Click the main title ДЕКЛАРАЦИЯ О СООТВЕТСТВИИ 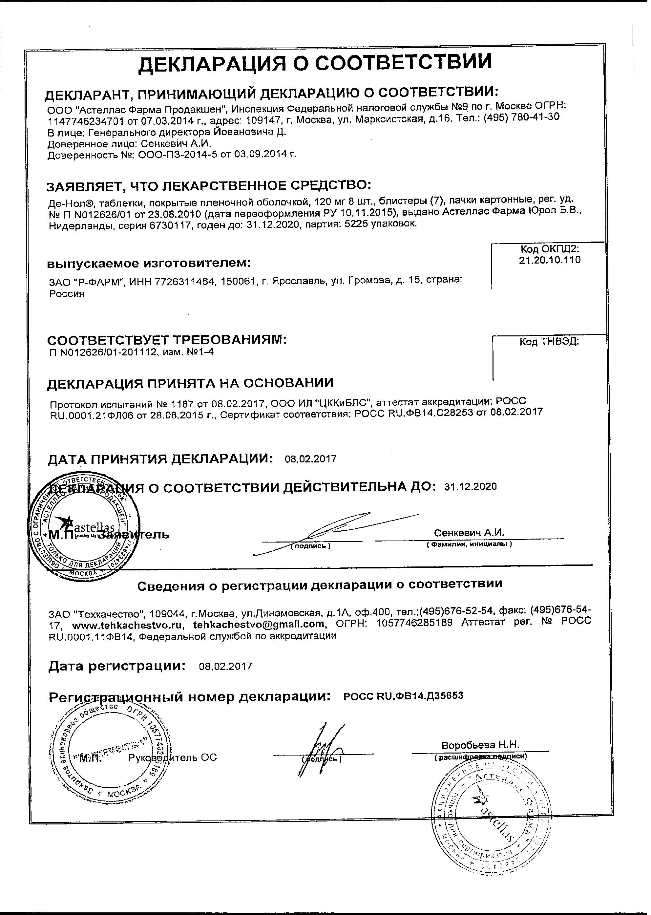coord(315,63)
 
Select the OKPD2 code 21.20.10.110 coord(550,260)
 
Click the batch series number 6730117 coord(170,225)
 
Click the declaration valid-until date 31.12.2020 coord(471,487)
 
